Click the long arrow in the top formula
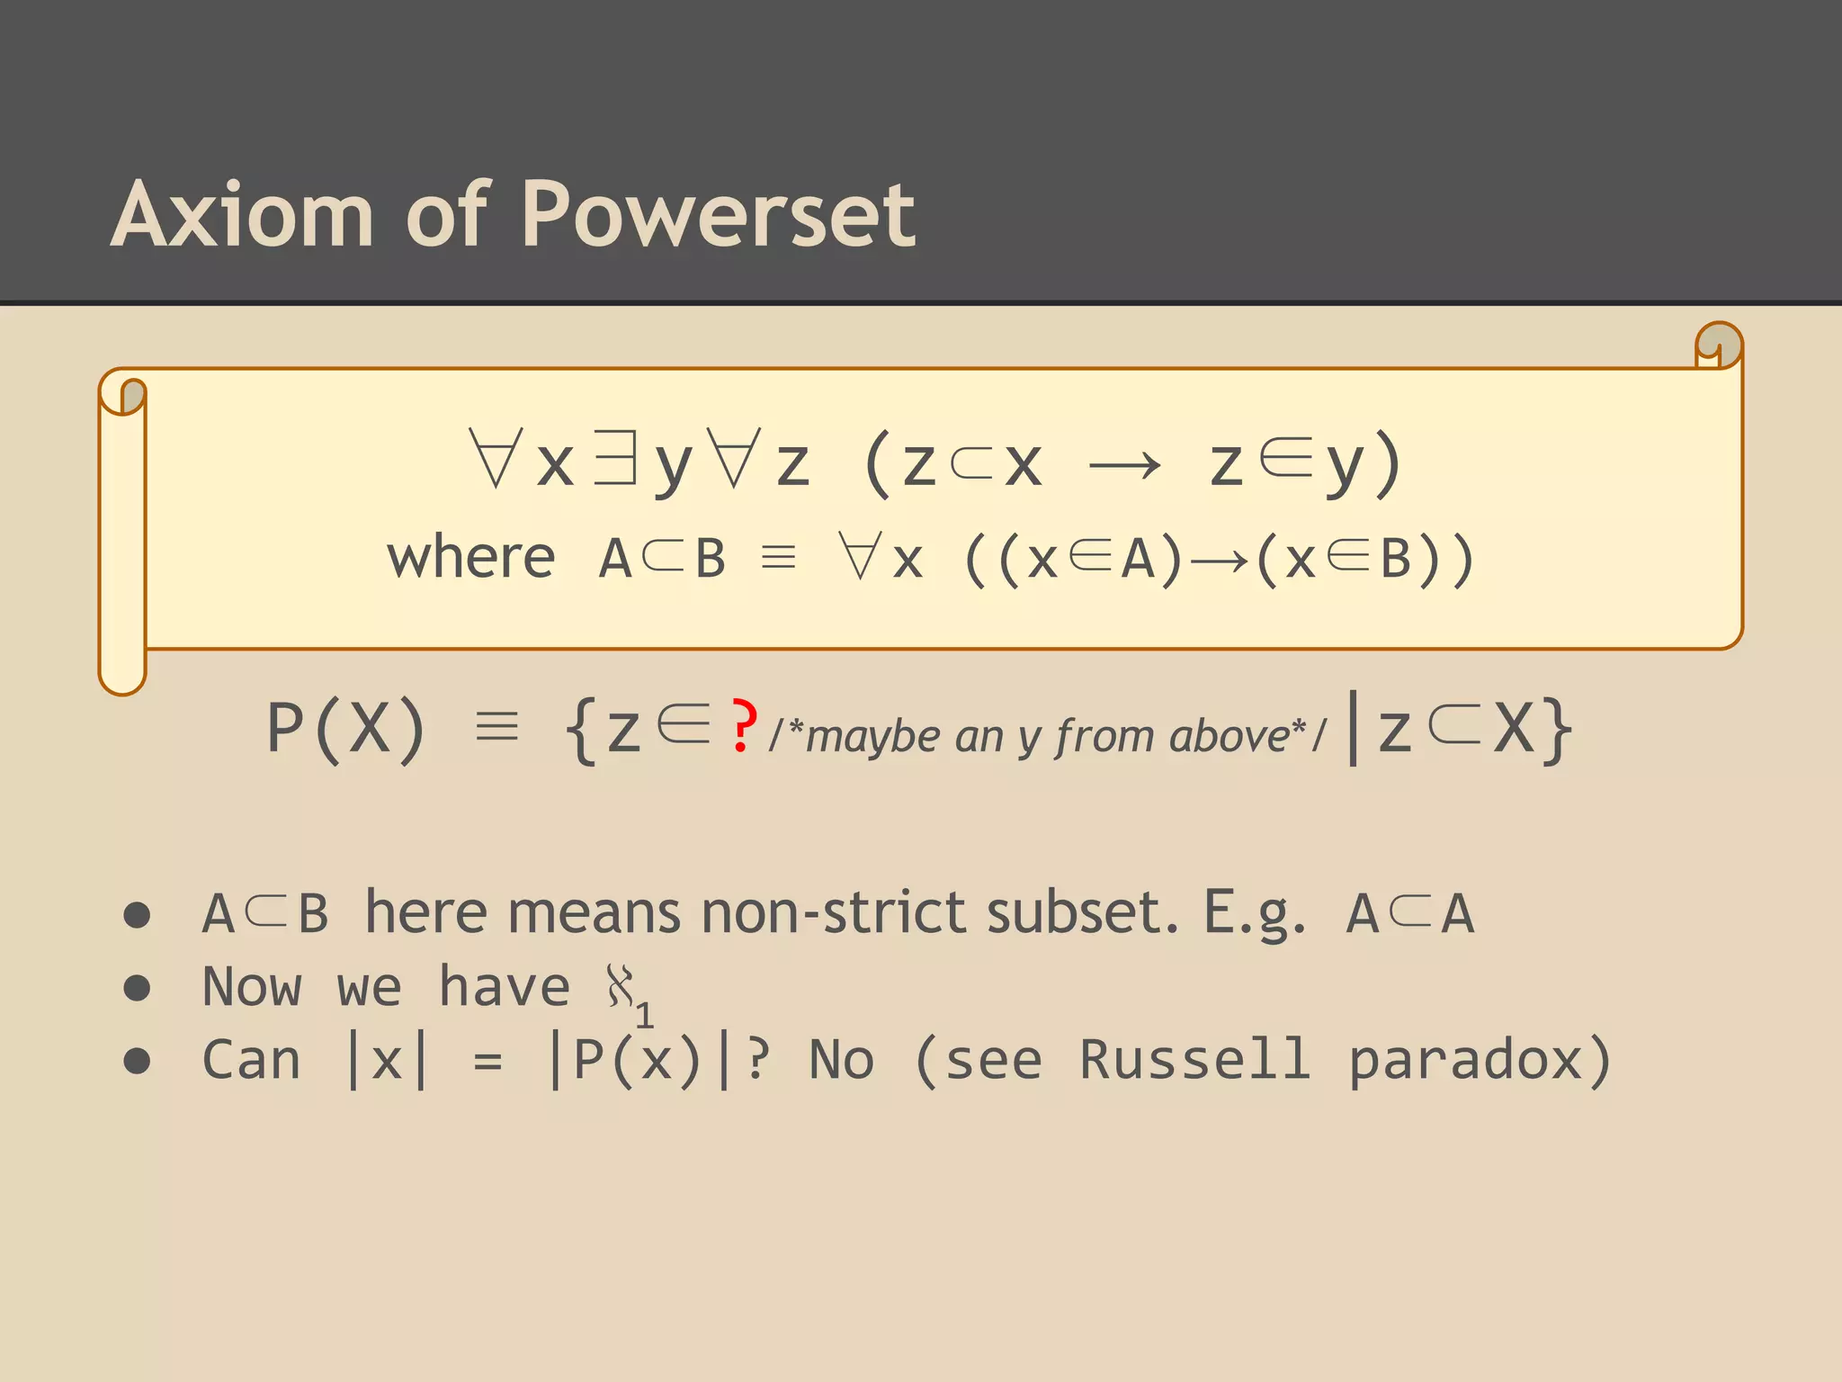1124,466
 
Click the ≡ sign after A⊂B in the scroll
778,558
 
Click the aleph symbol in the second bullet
621,986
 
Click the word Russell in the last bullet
1194,1059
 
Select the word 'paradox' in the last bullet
1466,1061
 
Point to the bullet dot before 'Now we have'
137,988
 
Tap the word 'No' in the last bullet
842,1059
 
